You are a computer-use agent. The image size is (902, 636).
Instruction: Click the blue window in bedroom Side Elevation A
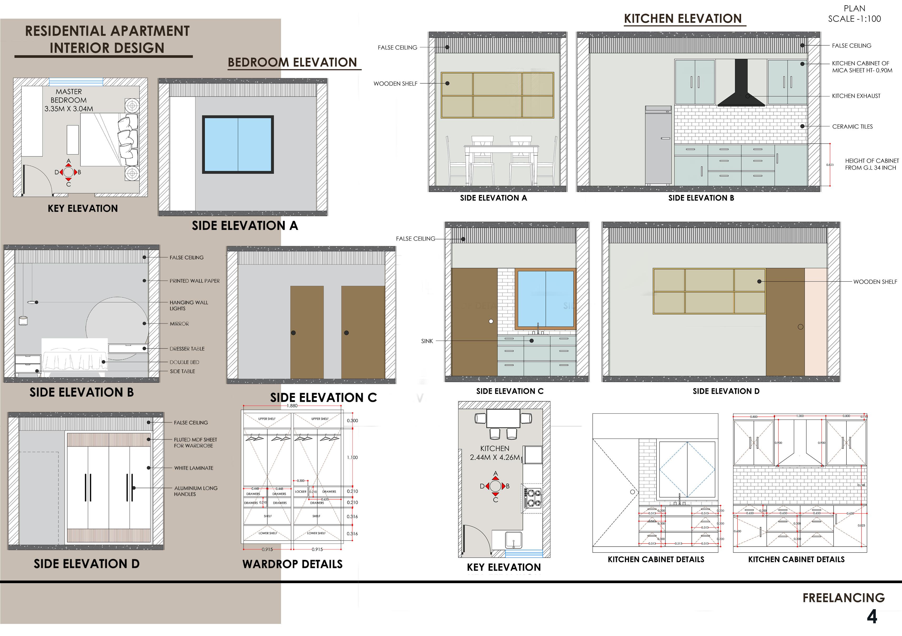(x=238, y=145)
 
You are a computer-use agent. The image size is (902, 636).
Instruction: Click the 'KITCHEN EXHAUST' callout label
(x=856, y=96)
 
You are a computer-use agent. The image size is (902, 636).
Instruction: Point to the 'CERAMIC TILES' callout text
(x=852, y=126)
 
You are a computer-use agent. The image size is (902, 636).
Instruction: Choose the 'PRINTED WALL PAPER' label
(x=194, y=281)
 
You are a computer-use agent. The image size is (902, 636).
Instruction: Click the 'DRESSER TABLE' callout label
(x=187, y=349)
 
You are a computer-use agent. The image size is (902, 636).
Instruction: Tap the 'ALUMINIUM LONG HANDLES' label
(x=196, y=491)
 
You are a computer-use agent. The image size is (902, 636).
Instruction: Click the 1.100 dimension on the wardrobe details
(x=352, y=457)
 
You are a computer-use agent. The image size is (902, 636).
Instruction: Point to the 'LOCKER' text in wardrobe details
(x=300, y=491)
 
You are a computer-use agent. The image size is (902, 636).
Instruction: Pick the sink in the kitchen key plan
(x=513, y=540)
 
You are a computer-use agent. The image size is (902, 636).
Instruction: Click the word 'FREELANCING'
(x=844, y=598)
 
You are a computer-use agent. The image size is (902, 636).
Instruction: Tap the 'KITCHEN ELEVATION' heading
(x=683, y=18)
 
